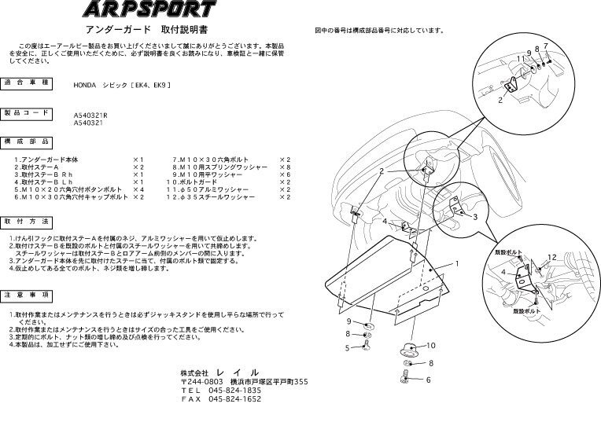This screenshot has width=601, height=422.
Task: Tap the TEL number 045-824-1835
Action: (235, 390)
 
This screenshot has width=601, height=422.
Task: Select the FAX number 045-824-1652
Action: (235, 399)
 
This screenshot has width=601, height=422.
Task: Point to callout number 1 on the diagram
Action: (455, 265)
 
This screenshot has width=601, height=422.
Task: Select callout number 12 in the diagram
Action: (552, 257)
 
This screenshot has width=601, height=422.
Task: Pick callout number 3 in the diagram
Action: (474, 215)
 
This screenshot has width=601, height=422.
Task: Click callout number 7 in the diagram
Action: (545, 46)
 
